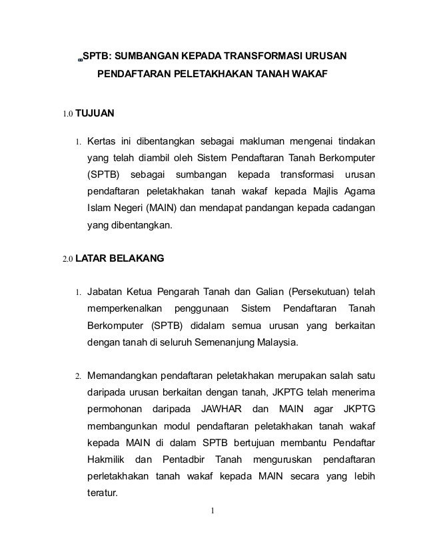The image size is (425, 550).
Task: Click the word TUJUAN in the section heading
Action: click(x=95, y=113)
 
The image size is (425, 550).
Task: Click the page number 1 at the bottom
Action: click(x=212, y=511)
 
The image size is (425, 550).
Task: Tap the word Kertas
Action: click(x=103, y=142)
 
